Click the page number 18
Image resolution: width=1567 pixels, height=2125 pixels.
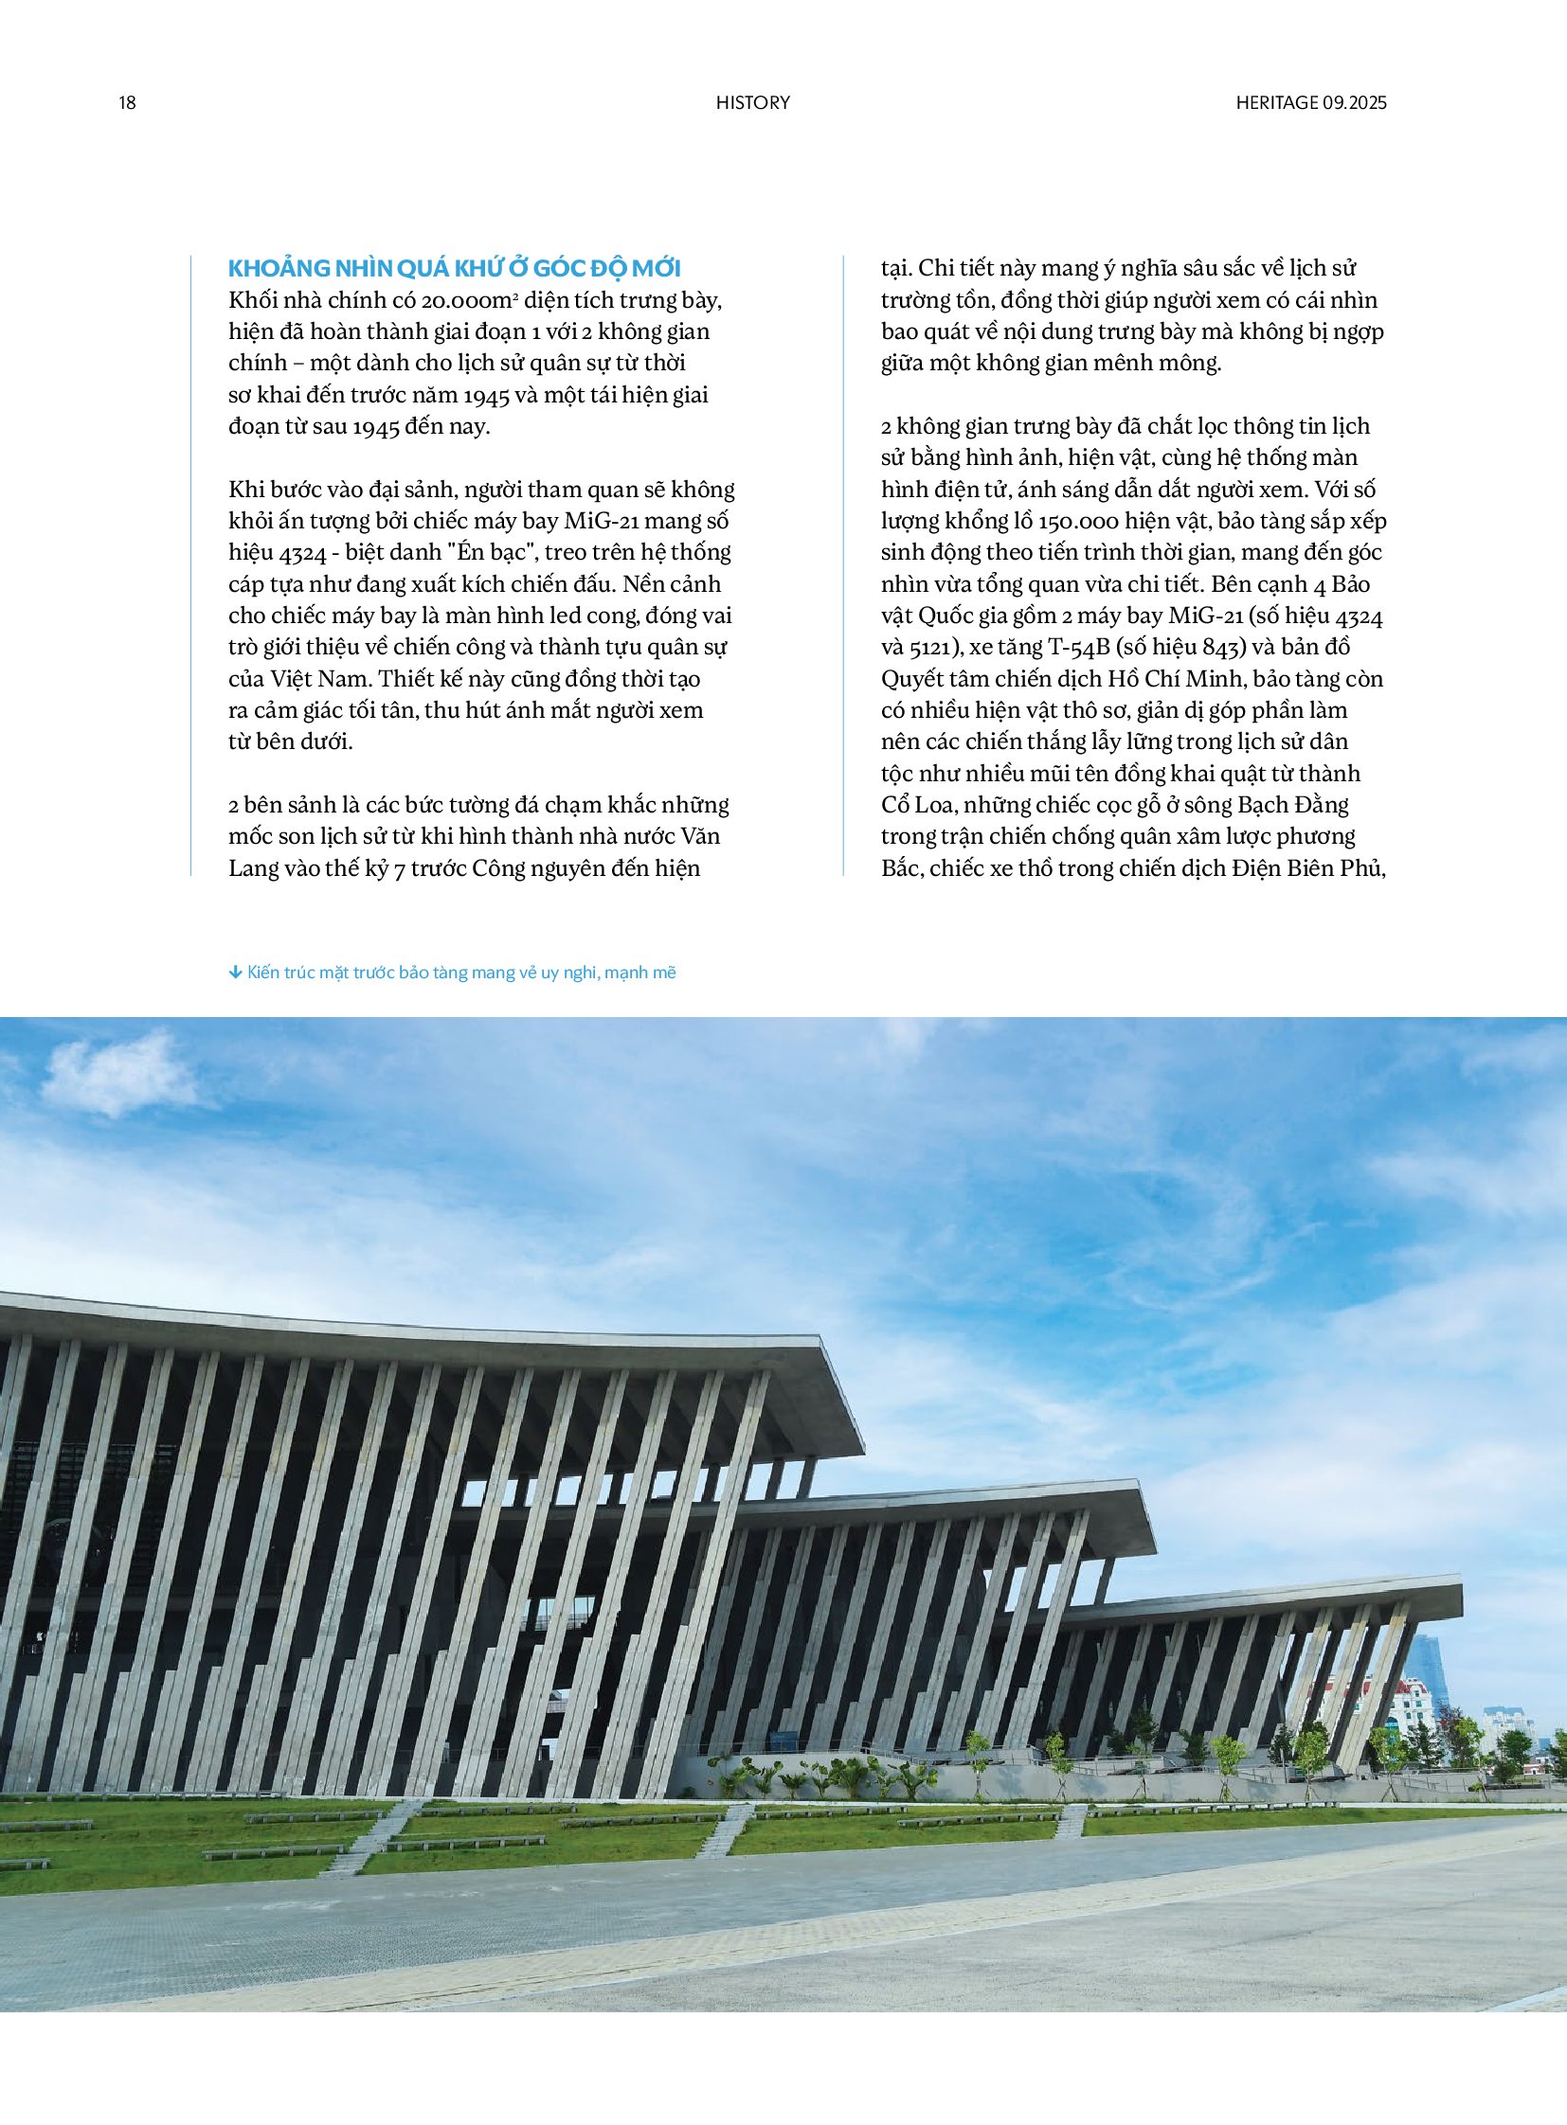(x=127, y=103)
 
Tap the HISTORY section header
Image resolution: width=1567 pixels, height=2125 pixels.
(x=752, y=103)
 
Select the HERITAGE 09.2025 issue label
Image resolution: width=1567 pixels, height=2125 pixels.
(x=1310, y=103)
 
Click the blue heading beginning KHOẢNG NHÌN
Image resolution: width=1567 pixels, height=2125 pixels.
(x=455, y=268)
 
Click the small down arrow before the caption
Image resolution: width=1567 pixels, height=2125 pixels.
(x=235, y=973)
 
